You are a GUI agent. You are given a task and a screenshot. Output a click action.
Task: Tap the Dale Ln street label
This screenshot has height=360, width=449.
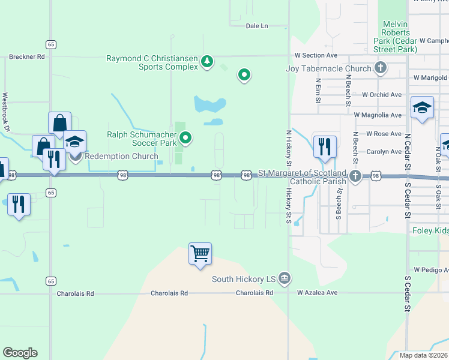257,26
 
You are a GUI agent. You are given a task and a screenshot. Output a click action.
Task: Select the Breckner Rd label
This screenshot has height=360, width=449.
27,57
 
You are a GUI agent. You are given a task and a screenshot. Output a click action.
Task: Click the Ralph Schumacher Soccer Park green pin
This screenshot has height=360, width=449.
186,139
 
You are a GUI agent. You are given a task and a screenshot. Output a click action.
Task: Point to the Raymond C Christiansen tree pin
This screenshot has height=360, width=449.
207,61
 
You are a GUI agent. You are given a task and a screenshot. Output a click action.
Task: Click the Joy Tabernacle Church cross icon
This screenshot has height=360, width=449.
380,68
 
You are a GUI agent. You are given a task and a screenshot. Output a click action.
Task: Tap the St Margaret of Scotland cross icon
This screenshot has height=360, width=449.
355,176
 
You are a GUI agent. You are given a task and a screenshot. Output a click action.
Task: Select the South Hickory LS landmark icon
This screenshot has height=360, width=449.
285,278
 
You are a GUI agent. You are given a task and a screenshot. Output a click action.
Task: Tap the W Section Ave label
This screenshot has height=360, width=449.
316,55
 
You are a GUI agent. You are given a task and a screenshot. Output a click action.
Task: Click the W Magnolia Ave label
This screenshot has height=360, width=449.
378,115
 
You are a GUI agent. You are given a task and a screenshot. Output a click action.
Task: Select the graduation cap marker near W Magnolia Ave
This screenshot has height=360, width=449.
422,107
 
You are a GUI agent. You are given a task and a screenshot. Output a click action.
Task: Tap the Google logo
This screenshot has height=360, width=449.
20,353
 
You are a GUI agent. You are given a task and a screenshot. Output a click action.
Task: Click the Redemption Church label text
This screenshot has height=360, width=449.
121,157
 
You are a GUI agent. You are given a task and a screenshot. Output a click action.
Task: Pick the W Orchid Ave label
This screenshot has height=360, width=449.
382,95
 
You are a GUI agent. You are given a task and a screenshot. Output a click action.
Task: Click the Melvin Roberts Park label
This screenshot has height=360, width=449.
395,37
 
